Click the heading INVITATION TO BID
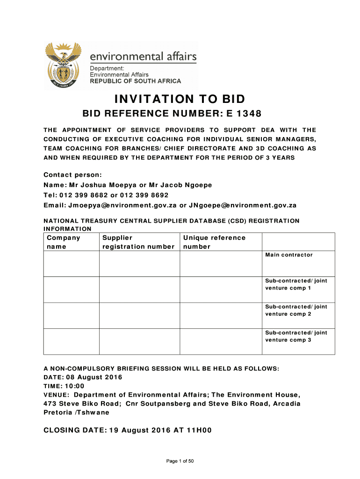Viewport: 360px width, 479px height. pos(180,99)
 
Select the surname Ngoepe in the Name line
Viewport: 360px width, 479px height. pos(198,185)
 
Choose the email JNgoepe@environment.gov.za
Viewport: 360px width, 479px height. pos(242,205)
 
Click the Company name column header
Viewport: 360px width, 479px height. pos(63,242)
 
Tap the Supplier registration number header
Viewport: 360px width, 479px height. pos(138,242)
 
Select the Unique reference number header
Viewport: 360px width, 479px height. pos(214,242)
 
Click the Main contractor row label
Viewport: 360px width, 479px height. pos(289,255)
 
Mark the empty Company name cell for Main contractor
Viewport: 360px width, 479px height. pos(71,264)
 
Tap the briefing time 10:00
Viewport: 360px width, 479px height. pos(75,386)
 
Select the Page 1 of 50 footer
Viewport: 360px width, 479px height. pos(180,461)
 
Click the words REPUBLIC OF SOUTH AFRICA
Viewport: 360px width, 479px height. pos(135,81)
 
